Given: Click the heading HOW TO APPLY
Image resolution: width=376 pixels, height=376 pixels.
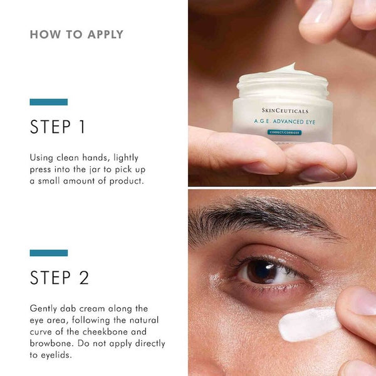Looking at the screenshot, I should tap(76, 34).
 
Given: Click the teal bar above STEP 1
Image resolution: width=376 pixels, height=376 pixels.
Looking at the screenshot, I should tap(49, 102).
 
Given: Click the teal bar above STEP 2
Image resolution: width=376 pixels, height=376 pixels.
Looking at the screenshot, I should tap(49, 253).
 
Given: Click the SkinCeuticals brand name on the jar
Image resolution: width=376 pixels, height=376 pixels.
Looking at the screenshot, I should tap(285, 111).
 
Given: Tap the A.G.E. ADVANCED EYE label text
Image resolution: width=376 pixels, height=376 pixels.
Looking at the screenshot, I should tap(285, 122).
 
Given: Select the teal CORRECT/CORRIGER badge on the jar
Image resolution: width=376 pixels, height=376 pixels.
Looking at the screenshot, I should tap(285, 133).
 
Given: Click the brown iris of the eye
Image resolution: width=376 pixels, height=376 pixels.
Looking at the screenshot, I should tap(259, 271).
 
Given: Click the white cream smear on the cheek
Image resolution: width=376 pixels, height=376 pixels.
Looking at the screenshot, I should tap(307, 325).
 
